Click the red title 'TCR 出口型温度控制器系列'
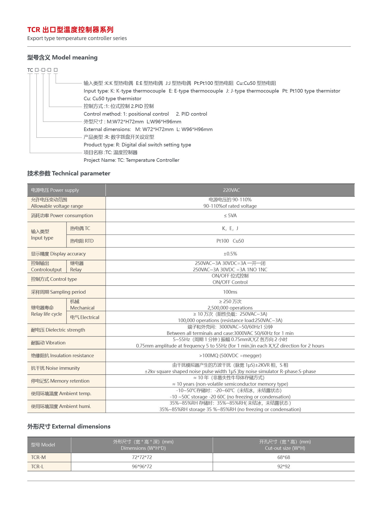[70, 30]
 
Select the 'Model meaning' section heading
[62, 57]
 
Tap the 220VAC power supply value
[231, 190]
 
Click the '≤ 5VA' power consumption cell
[230, 216]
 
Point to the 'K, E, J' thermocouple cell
[230, 228]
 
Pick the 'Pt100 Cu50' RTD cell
[230, 241]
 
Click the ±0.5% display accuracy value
[230, 254]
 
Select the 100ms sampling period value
[230, 292]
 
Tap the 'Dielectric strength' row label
[58, 330]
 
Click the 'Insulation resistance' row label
[62, 355]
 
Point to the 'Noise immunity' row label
[55, 368]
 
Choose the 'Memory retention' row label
[60, 381]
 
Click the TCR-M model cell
[39, 457]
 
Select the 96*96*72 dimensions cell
[142, 466]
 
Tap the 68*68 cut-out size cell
[284, 457]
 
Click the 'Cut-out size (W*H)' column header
[285, 448]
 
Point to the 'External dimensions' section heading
[69, 426]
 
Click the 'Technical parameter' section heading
[69, 173]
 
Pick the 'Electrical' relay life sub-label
[85, 317]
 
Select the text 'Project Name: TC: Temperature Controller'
[131, 160]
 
